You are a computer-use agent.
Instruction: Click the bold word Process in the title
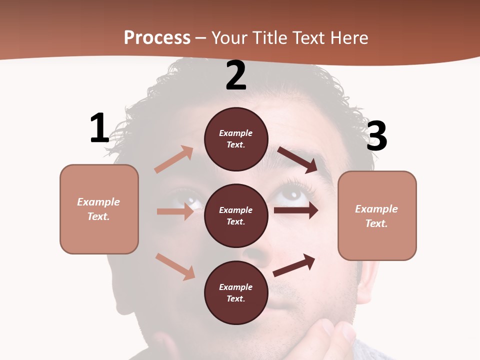(157, 38)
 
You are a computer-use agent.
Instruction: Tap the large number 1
(99, 128)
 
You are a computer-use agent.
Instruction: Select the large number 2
(236, 76)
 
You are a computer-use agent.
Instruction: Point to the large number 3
(376, 136)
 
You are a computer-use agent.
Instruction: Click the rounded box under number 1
(99, 209)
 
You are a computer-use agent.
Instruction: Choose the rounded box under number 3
(377, 216)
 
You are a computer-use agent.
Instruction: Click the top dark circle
(236, 139)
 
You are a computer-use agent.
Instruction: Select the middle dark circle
(236, 215)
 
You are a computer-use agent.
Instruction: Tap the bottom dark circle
(236, 292)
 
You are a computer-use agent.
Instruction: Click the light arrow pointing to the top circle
(174, 159)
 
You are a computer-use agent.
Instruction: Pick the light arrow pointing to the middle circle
(175, 211)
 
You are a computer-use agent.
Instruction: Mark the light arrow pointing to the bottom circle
(175, 266)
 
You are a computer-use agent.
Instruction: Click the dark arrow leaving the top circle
(297, 159)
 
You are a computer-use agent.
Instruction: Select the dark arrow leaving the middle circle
(296, 210)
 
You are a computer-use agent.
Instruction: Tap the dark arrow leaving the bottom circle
(294, 265)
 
